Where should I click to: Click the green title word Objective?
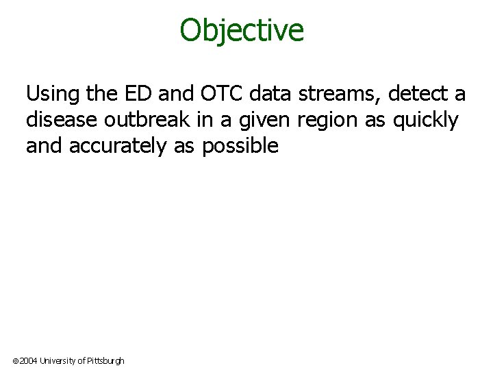coord(242,30)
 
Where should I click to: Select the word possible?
coord(240,146)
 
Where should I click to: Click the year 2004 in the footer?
coord(28,360)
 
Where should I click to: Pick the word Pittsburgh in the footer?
coord(105,360)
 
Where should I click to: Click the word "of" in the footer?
coord(81,360)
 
